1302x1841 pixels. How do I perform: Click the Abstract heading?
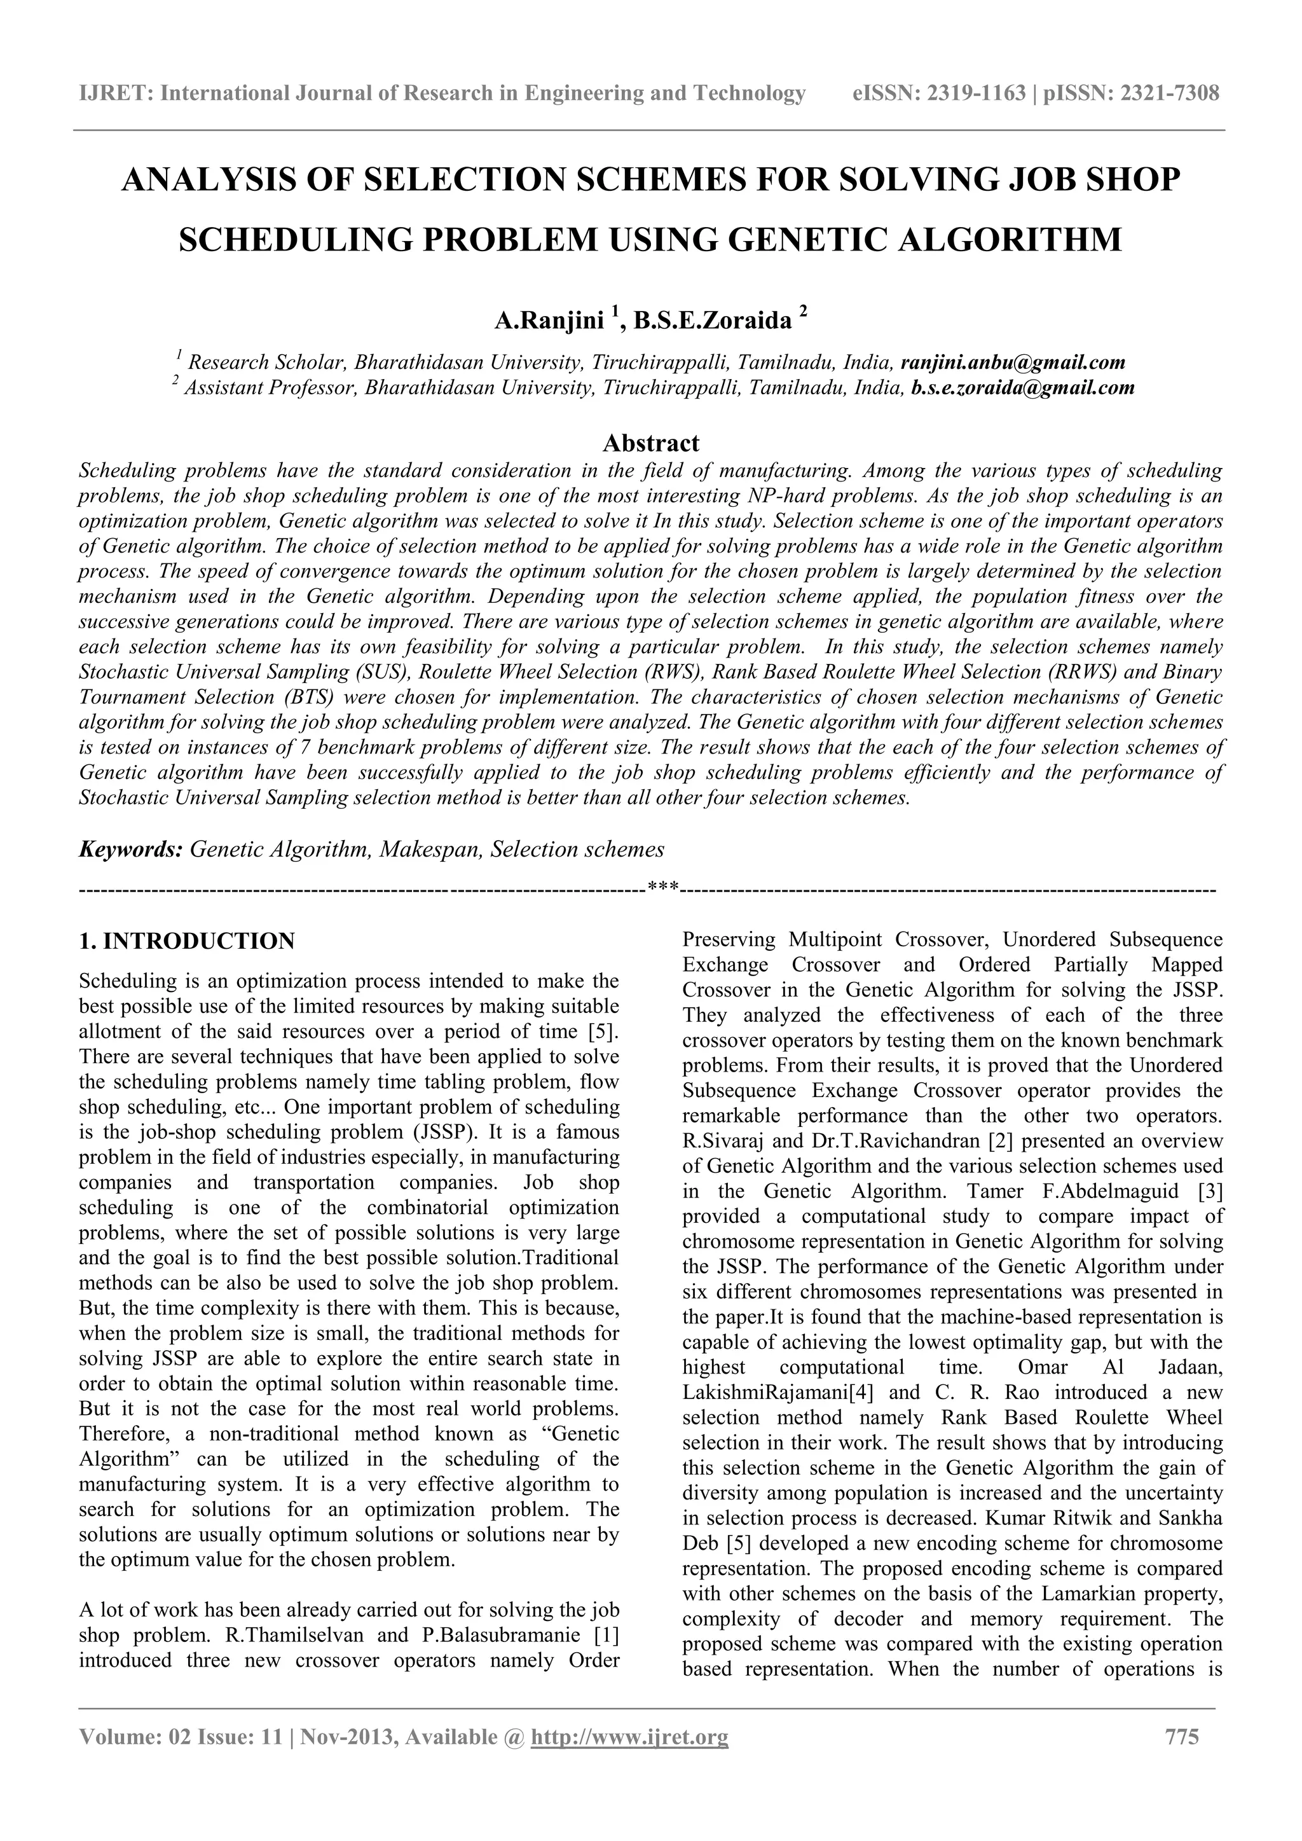tap(650, 443)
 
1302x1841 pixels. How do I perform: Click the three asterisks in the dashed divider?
tap(663, 888)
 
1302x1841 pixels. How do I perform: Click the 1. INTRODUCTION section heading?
tap(187, 941)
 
